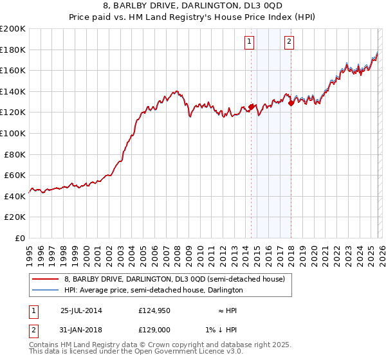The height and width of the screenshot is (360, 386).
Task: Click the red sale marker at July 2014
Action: click(x=251, y=107)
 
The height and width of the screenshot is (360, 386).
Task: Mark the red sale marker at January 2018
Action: click(x=291, y=103)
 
